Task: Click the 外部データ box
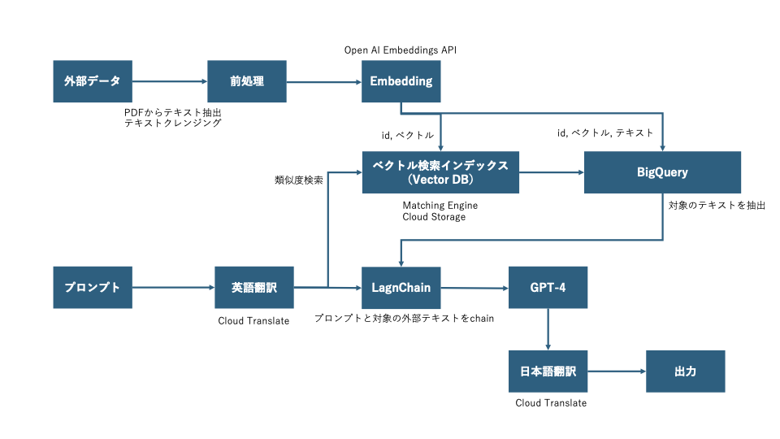tap(93, 81)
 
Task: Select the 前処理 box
tap(247, 81)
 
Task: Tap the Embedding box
tap(401, 81)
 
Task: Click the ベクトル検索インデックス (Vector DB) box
tap(440, 172)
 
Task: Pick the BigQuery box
tap(662, 172)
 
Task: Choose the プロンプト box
tap(93, 287)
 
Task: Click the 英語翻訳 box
tap(254, 287)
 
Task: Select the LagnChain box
tap(401, 288)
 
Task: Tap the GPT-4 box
tap(548, 288)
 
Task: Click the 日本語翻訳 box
tap(548, 372)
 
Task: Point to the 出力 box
tap(686, 372)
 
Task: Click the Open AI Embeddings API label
tap(401, 50)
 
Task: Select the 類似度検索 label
tap(299, 180)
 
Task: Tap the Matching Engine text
tap(440, 205)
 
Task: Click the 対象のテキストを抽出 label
tap(717, 205)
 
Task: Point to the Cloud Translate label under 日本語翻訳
tap(551, 402)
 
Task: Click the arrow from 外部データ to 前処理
tap(170, 81)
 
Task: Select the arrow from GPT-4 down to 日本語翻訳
tap(548, 329)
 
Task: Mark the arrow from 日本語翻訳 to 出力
tap(617, 372)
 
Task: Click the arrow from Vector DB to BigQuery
tap(551, 172)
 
